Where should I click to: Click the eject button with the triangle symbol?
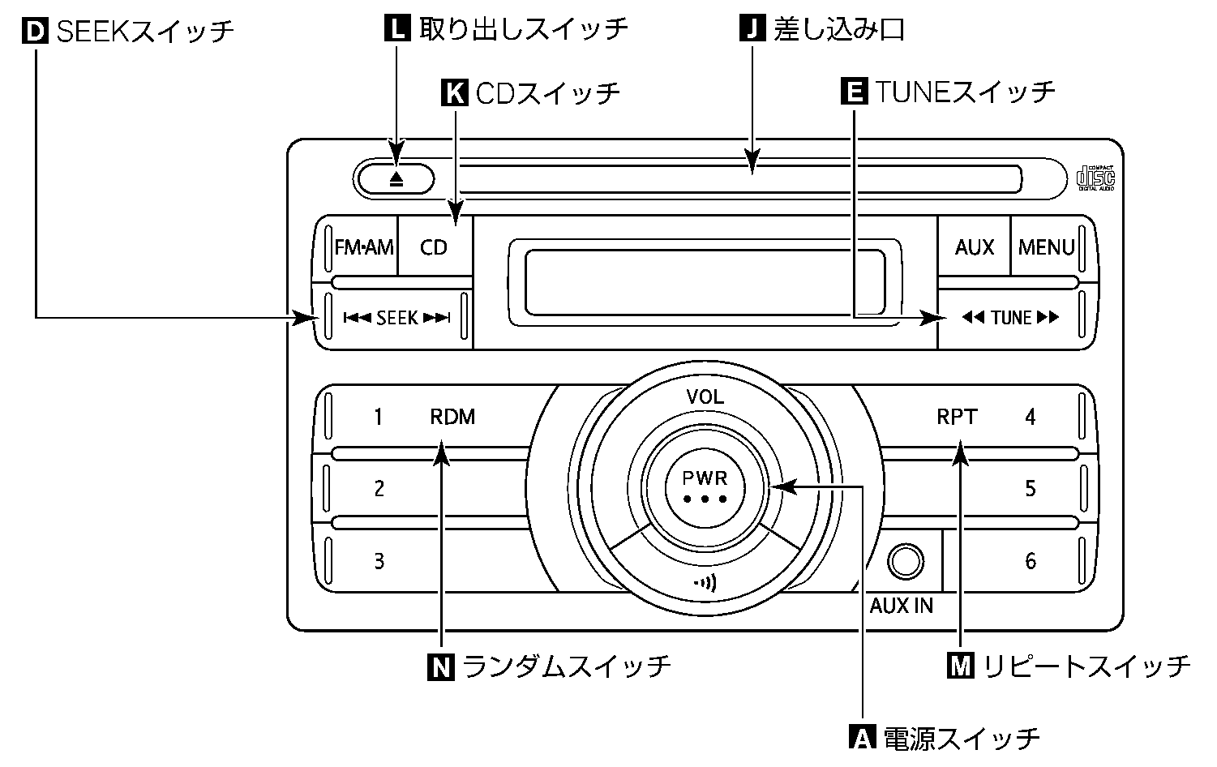point(396,179)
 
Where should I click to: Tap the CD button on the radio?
point(434,247)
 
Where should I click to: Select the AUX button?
point(974,247)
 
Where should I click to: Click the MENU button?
point(1046,247)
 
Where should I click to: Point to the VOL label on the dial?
point(705,397)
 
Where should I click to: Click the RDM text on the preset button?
point(452,418)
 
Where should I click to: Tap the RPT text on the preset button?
point(957,418)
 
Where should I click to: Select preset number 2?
point(379,489)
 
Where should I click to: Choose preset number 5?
point(1031,489)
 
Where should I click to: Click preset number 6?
point(1031,561)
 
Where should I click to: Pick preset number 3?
point(379,561)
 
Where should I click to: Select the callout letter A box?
point(862,737)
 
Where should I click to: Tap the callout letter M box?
point(962,666)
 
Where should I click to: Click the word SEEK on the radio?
point(396,319)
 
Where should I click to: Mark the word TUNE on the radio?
point(1011,318)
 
